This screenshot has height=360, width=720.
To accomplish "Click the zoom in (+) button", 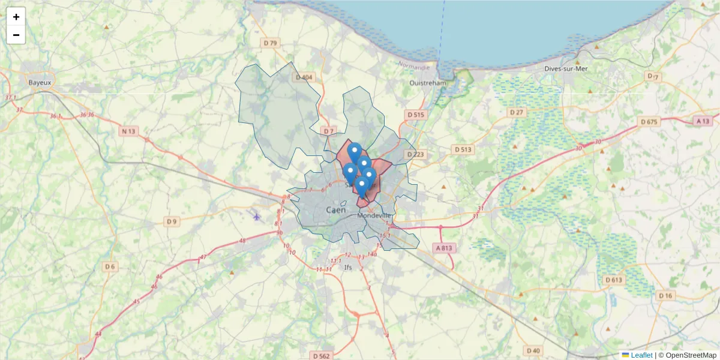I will coord(16,17).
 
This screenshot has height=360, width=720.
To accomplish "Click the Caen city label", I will coord(336,210).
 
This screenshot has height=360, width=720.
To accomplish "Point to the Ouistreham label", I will coord(428,83).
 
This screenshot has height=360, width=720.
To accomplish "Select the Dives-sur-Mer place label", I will coord(566,68).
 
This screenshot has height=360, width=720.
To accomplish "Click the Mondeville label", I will coord(374,215).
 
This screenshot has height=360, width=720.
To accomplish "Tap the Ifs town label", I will coord(348,267).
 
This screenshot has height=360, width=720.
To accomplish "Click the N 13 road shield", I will coord(129,131).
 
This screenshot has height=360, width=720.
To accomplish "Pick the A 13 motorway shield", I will coord(703,121).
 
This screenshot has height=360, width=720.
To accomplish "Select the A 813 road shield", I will coord(443,247).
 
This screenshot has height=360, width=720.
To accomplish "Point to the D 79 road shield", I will coord(271,43).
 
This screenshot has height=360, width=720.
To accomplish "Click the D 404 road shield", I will coord(304,77).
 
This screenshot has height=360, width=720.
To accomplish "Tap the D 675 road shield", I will coord(649,122).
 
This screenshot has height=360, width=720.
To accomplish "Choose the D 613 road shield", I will coord(614,280).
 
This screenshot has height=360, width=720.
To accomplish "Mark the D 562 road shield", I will coord(321,356).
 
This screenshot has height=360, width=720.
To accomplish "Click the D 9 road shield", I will coord(172,221).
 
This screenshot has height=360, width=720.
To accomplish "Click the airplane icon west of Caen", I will coord(257,217).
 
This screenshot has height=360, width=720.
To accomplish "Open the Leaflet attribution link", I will coord(641,355).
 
